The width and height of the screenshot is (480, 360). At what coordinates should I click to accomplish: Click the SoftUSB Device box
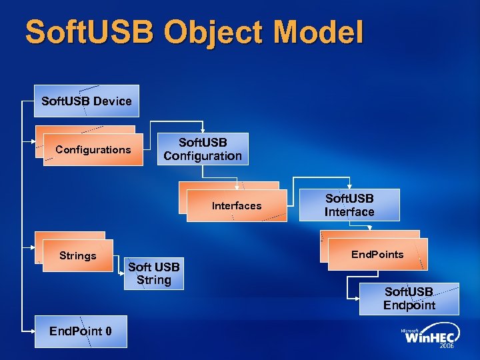pos(87,101)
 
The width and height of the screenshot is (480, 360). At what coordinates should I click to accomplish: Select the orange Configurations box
pos(93,150)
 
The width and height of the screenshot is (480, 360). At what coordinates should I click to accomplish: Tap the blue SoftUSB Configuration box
pos(203,149)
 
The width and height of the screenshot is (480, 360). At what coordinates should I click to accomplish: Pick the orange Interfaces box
pos(236,206)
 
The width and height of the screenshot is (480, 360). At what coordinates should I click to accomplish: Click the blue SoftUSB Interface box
pos(349,205)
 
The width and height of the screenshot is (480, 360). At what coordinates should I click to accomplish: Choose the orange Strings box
pos(77,256)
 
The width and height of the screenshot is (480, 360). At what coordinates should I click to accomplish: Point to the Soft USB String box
pos(154,274)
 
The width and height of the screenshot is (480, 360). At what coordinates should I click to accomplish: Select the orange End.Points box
pos(377,255)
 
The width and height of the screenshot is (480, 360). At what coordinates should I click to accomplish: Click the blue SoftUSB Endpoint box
pos(409,299)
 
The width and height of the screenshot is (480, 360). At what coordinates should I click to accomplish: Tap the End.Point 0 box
pos(81,331)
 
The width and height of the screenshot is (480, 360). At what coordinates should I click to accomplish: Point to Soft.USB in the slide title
pos(83,33)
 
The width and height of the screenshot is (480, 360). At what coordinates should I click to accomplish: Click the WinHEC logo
pos(431,338)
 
